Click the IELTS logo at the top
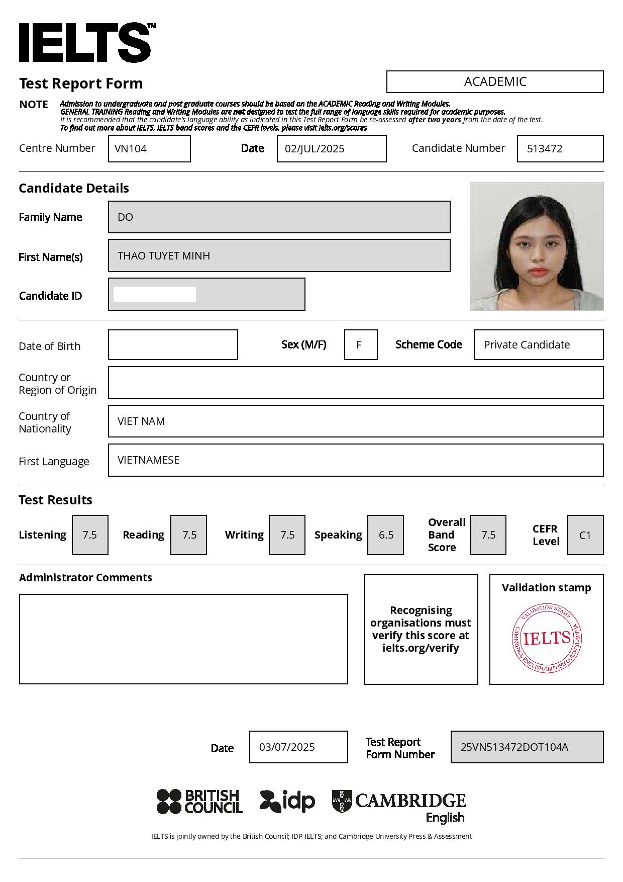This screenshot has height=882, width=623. (x=85, y=42)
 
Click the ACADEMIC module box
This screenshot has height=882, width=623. (x=495, y=81)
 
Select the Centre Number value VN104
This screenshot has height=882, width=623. (x=131, y=149)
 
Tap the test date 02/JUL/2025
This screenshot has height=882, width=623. (x=315, y=149)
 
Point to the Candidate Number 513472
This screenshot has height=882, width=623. (x=545, y=149)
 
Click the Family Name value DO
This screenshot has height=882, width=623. (x=126, y=217)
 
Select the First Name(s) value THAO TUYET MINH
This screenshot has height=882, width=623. (x=164, y=256)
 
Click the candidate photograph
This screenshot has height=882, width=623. (x=537, y=246)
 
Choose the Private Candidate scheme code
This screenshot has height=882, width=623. (x=527, y=345)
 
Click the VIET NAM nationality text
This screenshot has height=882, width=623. (x=141, y=421)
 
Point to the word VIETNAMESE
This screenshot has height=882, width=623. (x=148, y=460)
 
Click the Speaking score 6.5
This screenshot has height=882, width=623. (x=385, y=535)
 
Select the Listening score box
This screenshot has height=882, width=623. (x=90, y=535)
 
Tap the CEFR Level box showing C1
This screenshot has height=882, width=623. (x=585, y=535)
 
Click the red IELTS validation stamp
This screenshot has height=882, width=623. (x=547, y=639)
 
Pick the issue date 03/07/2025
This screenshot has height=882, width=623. (x=287, y=747)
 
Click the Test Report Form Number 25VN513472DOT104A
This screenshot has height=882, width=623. (x=514, y=747)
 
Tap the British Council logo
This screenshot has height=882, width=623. (x=199, y=802)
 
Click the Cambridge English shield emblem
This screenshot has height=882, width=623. (x=342, y=801)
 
